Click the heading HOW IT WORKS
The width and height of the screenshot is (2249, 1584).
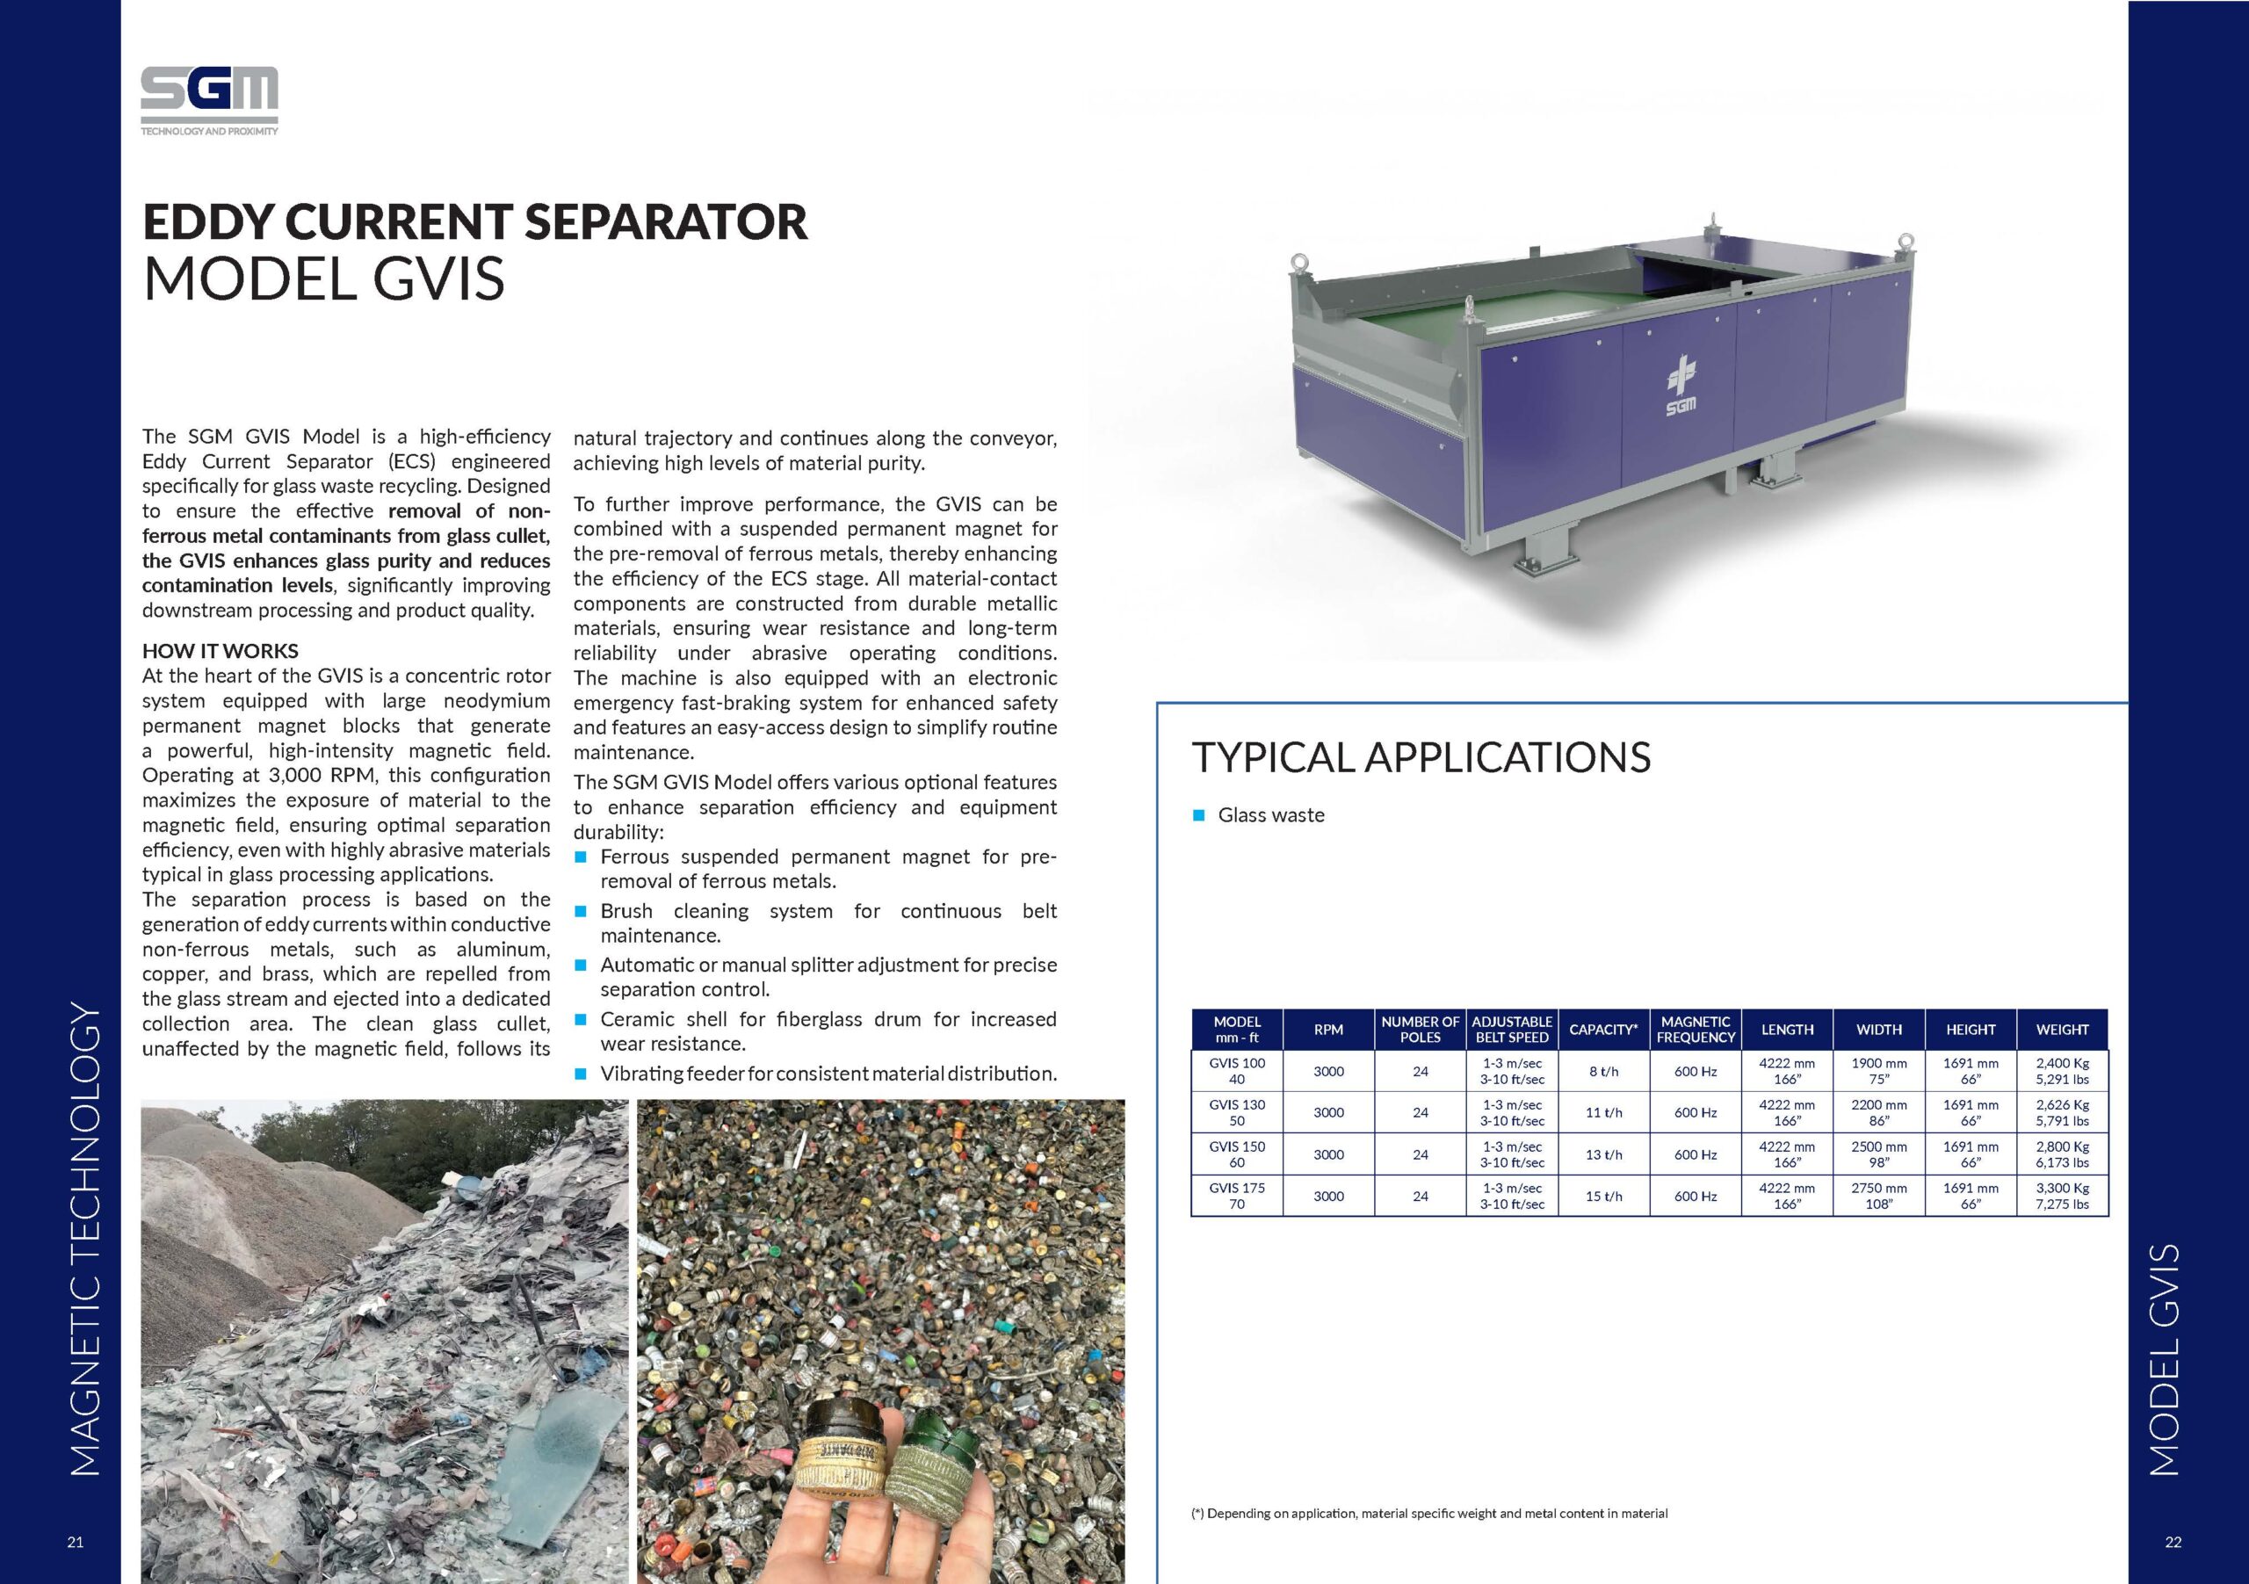(221, 650)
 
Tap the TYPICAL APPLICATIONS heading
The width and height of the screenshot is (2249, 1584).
(1421, 757)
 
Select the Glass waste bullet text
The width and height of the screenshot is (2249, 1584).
(1270, 815)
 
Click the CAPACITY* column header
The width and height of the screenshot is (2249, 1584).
(1603, 1030)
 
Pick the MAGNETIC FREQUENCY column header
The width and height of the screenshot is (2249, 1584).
(1696, 1030)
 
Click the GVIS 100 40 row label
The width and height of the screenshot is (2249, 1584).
(1237, 1071)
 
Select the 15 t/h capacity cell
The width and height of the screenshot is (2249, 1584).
(1603, 1196)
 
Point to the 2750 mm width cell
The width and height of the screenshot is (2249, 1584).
(1879, 1196)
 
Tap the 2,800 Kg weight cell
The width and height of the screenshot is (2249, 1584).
(2062, 1154)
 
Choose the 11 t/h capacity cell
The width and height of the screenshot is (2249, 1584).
(1603, 1113)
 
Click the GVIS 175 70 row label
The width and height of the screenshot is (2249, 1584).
(1237, 1196)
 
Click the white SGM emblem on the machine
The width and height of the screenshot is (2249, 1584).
(1681, 387)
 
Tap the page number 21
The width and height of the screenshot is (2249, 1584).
(76, 1542)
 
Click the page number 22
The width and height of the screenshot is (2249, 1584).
(2173, 1542)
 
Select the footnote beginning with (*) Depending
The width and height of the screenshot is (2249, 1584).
(1429, 1514)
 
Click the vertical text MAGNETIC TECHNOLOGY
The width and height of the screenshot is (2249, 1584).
(86, 1240)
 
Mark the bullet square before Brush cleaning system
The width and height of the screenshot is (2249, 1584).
(580, 911)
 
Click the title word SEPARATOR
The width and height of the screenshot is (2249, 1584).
(666, 221)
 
